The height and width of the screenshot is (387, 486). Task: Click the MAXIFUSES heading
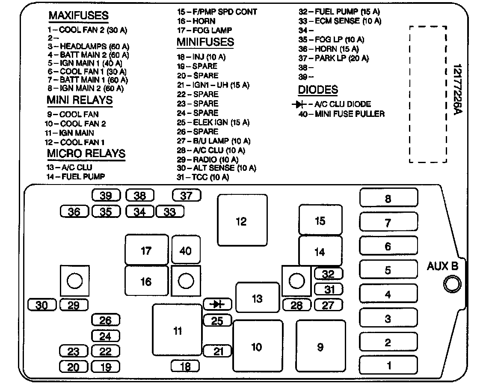click(x=78, y=16)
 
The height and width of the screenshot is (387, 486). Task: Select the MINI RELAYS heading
click(x=80, y=100)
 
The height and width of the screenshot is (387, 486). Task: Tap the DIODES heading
click(x=318, y=90)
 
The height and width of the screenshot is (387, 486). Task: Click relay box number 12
click(x=242, y=221)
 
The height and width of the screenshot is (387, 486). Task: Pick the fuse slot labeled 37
click(x=186, y=196)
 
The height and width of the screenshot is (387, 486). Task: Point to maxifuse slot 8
click(x=388, y=199)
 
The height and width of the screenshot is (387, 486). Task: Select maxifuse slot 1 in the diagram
click(x=388, y=366)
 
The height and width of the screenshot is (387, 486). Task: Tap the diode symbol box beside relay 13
click(x=218, y=304)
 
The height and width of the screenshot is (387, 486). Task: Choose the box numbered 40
click(x=185, y=250)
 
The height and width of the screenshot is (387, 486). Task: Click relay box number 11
click(x=177, y=330)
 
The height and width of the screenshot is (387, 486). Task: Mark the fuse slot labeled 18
click(x=185, y=366)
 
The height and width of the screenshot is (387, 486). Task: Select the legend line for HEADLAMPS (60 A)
click(x=89, y=46)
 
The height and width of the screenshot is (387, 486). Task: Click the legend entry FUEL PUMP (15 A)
click(x=339, y=12)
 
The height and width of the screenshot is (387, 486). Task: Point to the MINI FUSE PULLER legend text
click(x=342, y=114)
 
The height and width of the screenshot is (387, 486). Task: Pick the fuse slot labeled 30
click(x=41, y=305)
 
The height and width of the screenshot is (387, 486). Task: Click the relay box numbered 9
click(x=320, y=347)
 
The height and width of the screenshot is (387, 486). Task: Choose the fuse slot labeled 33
click(x=170, y=211)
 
